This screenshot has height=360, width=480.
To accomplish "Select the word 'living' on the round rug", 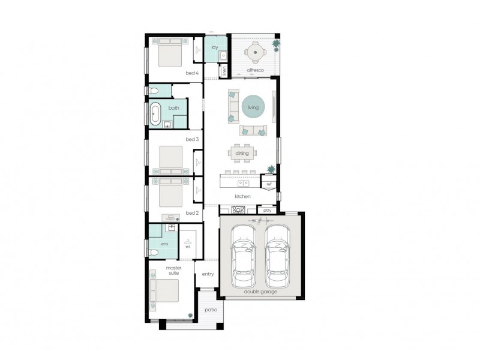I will pyautogui.click(x=253, y=108).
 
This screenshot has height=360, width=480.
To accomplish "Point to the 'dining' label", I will pyautogui.click(x=242, y=154).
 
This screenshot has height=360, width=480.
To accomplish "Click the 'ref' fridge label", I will pyautogui.click(x=269, y=184).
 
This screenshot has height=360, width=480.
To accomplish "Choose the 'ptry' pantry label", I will pyautogui.click(x=267, y=210).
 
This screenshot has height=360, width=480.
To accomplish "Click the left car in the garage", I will pyautogui.click(x=245, y=257).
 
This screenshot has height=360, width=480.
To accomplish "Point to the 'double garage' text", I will pyautogui.click(x=260, y=292).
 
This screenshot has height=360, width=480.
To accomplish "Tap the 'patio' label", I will pyautogui.click(x=210, y=310).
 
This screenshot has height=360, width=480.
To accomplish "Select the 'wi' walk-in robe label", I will pyautogui.click(x=187, y=245).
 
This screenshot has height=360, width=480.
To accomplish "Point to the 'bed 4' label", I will pyautogui.click(x=192, y=73).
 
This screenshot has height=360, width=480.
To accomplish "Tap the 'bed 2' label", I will pyautogui.click(x=191, y=212).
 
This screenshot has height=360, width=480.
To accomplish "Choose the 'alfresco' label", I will pyautogui.click(x=256, y=70).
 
